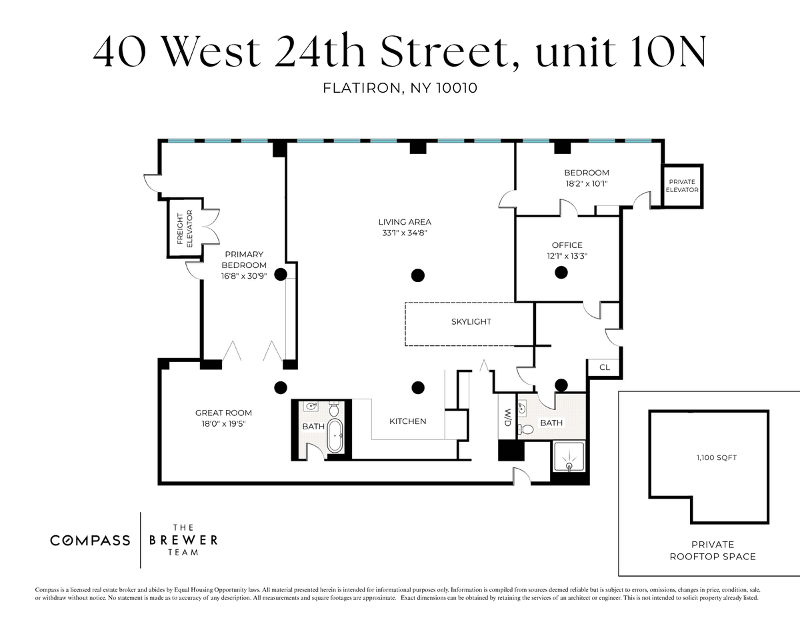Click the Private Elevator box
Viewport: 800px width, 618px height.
[x=682, y=186]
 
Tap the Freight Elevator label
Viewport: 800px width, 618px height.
[x=185, y=229]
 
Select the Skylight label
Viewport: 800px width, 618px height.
[x=471, y=322]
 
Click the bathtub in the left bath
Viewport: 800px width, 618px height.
[x=335, y=435]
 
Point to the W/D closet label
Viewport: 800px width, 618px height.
[x=507, y=417]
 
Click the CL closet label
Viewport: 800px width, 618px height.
[x=605, y=367]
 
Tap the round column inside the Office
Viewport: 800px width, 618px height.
[x=561, y=273]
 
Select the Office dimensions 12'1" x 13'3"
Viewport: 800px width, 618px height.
[x=567, y=256]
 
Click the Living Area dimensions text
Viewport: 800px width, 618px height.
[x=405, y=233]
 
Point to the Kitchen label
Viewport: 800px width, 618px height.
[x=408, y=421]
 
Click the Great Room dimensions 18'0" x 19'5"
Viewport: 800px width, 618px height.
[x=223, y=423]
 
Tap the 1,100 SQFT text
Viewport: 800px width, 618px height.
[x=717, y=457]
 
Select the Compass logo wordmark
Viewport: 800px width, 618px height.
[x=90, y=541]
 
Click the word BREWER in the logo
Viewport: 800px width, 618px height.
[x=183, y=540]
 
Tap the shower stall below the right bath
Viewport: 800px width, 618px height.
[x=569, y=457]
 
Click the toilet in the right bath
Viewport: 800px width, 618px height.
[x=526, y=429]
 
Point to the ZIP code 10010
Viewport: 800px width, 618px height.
[x=457, y=88]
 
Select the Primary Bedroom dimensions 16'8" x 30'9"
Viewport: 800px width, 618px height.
[x=244, y=276]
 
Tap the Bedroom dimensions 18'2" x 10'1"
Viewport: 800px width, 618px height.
[x=587, y=184]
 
